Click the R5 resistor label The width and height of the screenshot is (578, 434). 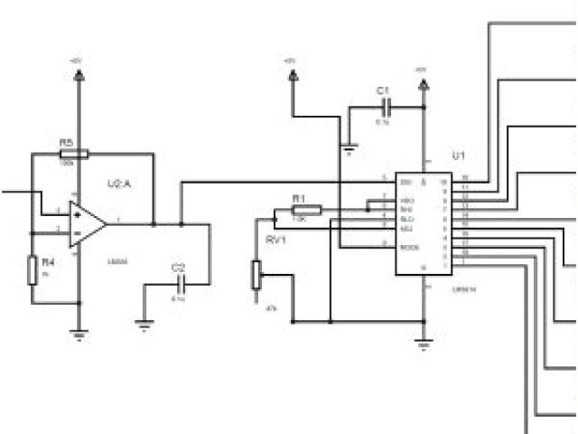click(66, 142)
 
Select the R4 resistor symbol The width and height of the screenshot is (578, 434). click(33, 269)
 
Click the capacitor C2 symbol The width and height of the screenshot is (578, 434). click(179, 285)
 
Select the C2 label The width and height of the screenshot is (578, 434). click(178, 268)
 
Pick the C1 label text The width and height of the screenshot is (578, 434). click(383, 91)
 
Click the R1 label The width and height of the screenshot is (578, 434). click(299, 197)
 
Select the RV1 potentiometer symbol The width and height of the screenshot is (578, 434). click(256, 274)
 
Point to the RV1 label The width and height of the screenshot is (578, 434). click(275, 241)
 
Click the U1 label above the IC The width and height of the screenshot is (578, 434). click(457, 156)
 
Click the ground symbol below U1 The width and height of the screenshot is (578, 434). click(424, 343)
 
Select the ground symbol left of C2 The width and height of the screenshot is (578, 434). click(142, 320)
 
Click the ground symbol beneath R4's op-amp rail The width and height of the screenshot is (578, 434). click(79, 335)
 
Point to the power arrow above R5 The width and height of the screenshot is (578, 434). click(79, 76)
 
